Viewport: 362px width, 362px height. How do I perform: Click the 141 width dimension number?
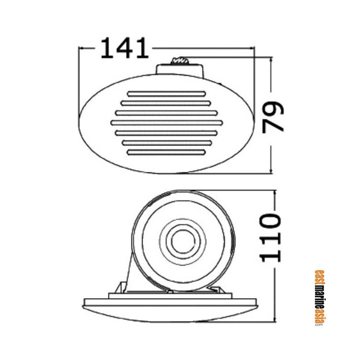coord(124,48)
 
